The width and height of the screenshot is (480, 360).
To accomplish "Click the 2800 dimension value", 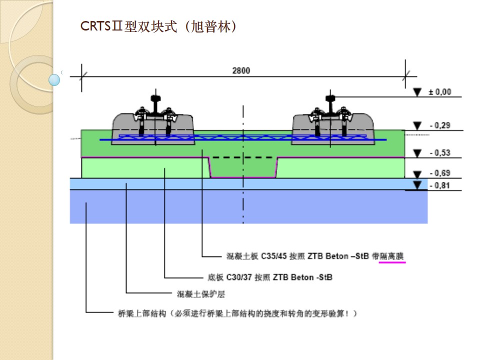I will coord(241,70).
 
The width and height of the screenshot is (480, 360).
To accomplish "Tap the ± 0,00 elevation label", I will coord(439,92).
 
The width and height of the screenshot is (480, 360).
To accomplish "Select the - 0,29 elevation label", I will coord(439,125).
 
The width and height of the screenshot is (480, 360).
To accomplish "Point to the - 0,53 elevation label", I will coord(439,153).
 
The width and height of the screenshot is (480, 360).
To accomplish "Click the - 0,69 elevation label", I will coord(439,173).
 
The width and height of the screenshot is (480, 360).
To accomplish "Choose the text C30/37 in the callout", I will coord(239,277).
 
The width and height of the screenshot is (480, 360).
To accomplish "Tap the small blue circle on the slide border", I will coord(54,79).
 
